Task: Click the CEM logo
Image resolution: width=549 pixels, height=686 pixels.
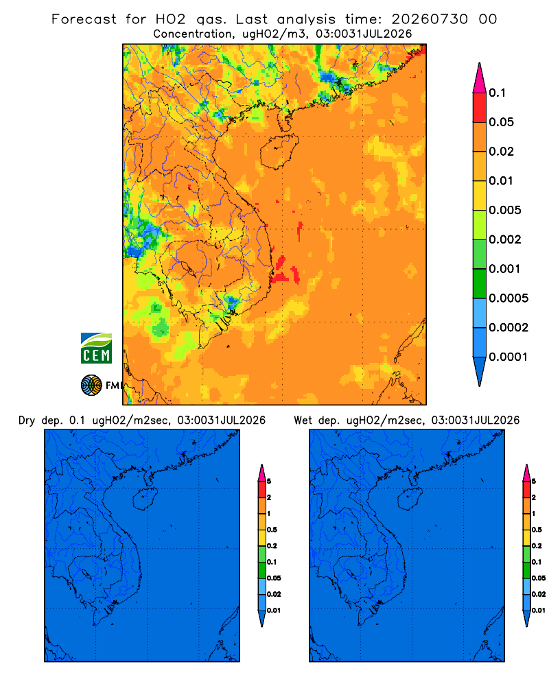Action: [x=96, y=348]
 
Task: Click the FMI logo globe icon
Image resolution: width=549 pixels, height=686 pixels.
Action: [x=91, y=385]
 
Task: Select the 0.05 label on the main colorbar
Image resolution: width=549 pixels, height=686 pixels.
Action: [x=501, y=122]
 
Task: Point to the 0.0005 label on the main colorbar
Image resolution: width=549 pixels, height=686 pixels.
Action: [x=509, y=298]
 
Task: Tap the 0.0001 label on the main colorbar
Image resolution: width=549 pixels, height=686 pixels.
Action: [x=509, y=357]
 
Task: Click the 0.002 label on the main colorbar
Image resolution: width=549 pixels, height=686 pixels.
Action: [x=505, y=239]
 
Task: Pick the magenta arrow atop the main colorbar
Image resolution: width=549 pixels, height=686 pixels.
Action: [x=480, y=78]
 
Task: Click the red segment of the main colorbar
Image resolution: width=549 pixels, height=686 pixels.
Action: [x=480, y=108]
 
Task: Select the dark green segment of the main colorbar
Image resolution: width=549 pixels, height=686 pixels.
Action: [x=480, y=283]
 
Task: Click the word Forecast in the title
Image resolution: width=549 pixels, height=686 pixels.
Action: [x=84, y=19]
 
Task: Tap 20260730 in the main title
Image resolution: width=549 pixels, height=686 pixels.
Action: [x=430, y=19]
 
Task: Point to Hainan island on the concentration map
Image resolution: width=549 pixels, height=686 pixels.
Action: [x=279, y=152]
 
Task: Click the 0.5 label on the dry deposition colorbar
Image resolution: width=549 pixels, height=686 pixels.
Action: [x=272, y=530]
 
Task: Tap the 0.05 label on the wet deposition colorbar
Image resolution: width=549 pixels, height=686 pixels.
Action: [x=539, y=578]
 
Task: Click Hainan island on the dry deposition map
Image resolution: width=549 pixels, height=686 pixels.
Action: [x=145, y=499]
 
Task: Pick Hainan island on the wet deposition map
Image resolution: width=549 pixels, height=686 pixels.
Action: [x=410, y=499]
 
